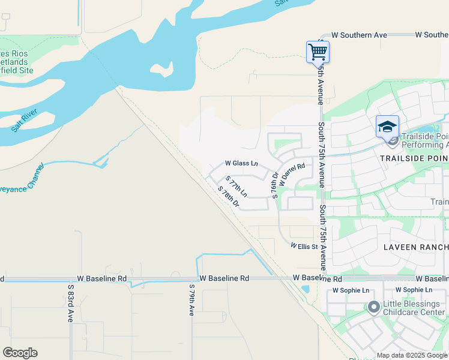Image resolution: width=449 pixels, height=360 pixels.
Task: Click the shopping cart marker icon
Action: point(317,52)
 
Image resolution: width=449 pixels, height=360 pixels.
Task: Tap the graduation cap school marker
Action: point(387,127)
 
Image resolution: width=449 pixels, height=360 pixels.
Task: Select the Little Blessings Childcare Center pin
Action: point(373,308)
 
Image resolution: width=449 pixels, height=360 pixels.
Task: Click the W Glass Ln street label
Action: point(241,163)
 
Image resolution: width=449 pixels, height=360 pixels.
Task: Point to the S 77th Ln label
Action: point(237,187)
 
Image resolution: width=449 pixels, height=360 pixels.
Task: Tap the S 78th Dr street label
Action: point(229,197)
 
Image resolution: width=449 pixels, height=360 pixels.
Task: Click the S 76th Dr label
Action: point(275,185)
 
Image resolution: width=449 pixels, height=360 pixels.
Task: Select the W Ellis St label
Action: point(303,246)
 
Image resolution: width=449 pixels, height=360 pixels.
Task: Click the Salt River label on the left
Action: point(25,120)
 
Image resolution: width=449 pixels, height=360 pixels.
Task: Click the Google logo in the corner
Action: point(20,353)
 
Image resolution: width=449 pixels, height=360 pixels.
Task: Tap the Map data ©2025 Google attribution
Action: point(412,355)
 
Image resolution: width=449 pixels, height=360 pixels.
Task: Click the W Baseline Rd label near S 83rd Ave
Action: point(102,279)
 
